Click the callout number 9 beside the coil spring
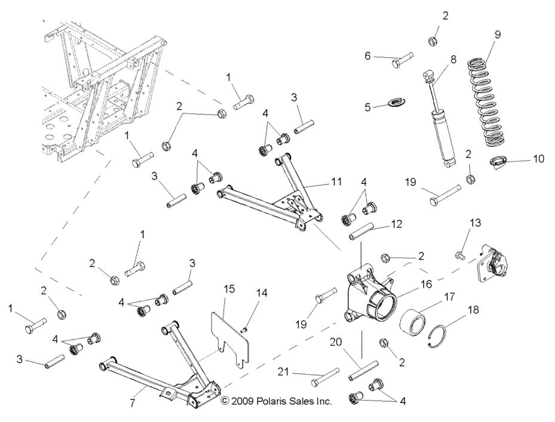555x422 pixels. click(497, 35)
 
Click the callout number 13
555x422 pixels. click(476, 223)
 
